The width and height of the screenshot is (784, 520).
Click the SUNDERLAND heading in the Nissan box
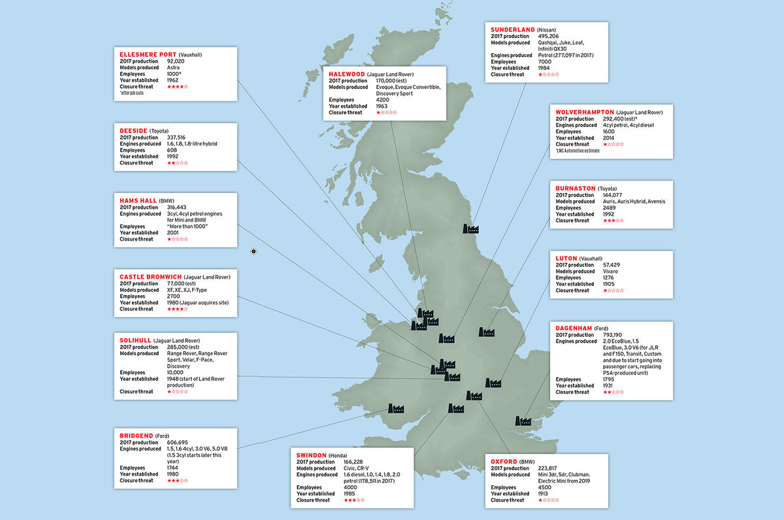coord(512,29)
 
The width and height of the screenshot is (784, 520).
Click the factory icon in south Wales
coord(397,408)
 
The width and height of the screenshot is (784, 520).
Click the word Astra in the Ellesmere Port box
coord(174,67)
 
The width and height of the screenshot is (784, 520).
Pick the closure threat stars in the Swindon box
coord(355,500)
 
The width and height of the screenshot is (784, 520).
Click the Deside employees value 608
coord(172,150)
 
